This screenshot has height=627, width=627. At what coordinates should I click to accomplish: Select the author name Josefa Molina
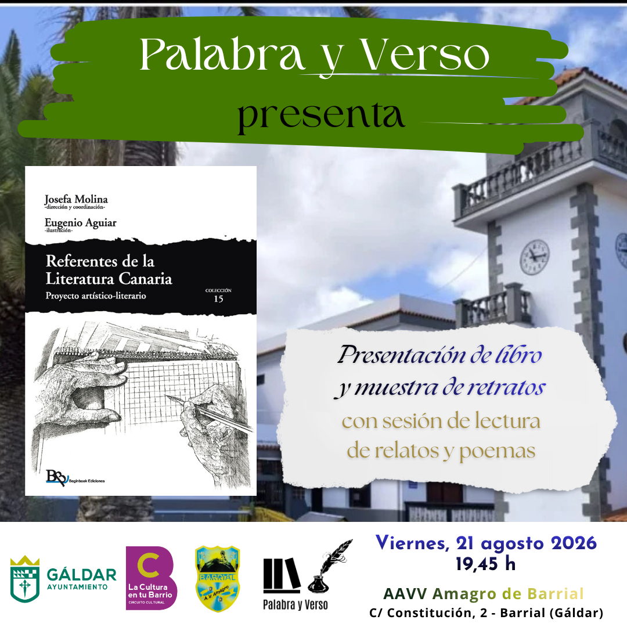coord(76,199)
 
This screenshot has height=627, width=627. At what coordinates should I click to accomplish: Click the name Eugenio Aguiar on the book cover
coord(80,222)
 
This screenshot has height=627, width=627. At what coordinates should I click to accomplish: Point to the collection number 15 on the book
coord(218,299)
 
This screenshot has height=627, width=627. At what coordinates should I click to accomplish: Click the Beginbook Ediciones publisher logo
coord(75,477)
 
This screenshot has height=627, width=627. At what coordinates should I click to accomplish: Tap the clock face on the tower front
coord(534,257)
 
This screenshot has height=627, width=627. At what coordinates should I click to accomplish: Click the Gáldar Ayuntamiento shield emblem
coord(25,579)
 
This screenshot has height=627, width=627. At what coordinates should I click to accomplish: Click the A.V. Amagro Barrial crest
coord(217,579)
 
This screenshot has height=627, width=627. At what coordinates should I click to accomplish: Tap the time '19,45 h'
coord(485,564)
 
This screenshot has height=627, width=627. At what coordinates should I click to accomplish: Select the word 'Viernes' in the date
coord(410,543)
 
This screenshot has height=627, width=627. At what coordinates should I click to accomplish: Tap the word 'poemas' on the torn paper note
coord(497,452)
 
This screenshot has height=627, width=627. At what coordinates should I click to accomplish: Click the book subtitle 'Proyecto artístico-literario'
coord(96,296)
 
